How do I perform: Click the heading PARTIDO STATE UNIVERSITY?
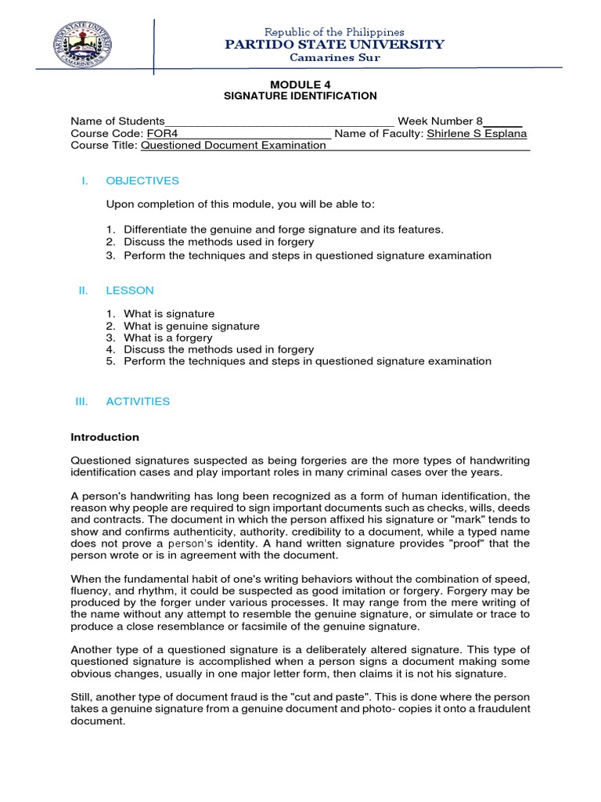pos(334,45)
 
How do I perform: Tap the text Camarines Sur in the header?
pos(334,58)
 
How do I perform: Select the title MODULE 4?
pos(295,84)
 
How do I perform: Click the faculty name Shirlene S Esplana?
pos(477,133)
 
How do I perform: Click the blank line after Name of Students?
pos(279,122)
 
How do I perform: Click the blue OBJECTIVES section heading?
pos(142,181)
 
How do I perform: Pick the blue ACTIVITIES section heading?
pos(138,401)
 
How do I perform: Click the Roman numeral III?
pos(82,401)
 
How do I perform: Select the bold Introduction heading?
pos(105,437)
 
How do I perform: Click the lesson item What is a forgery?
pos(168,338)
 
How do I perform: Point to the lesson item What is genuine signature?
pos(192,326)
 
